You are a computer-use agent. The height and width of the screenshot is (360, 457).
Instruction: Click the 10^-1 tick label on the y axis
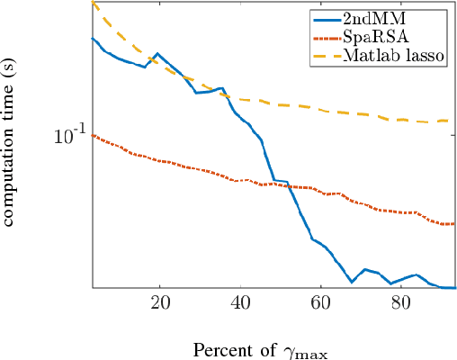tap(68, 135)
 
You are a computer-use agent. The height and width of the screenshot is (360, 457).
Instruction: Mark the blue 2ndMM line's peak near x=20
tap(158, 54)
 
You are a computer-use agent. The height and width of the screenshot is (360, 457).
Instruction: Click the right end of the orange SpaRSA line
tap(455, 224)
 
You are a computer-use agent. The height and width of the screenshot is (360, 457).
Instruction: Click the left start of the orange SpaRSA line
tap(93, 135)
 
